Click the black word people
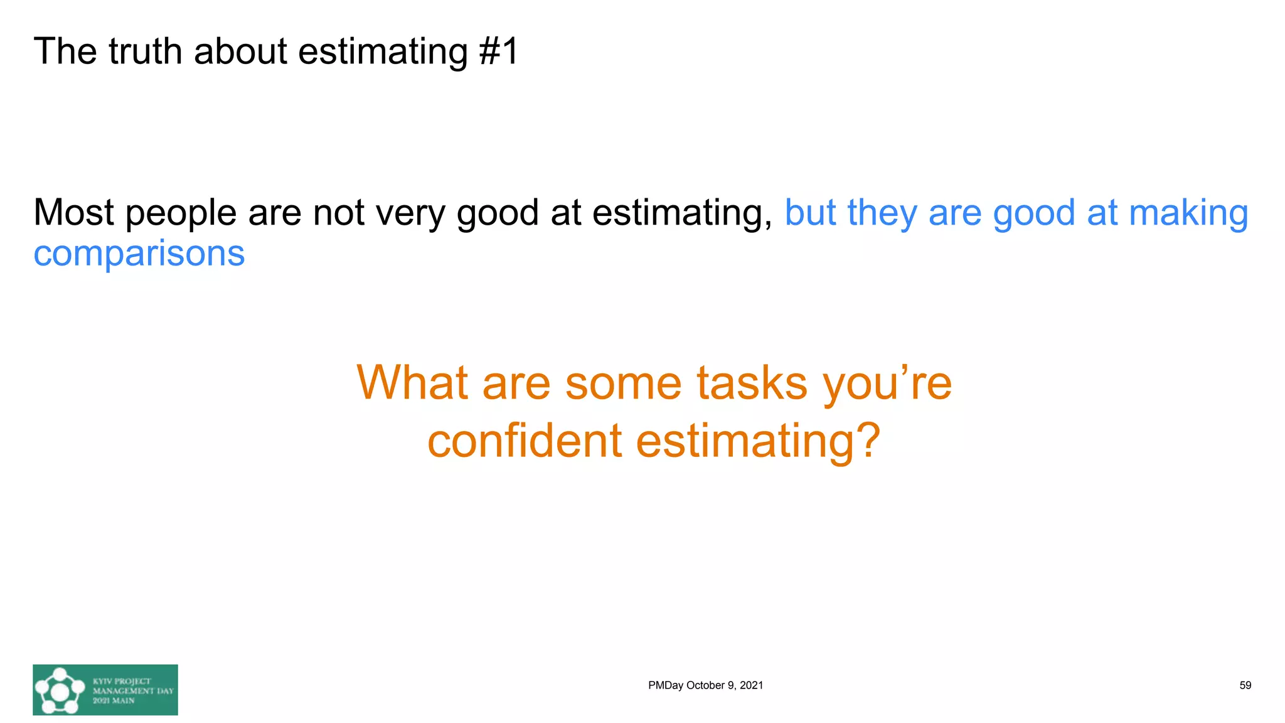point(181,213)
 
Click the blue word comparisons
point(139,254)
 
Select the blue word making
point(1188,213)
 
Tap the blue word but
point(810,213)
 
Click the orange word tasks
point(752,382)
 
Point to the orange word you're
point(887,382)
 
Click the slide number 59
point(1245,685)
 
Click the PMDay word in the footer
point(665,685)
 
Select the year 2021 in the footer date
point(751,685)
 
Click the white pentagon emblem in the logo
point(60,691)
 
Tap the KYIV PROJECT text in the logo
point(122,681)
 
